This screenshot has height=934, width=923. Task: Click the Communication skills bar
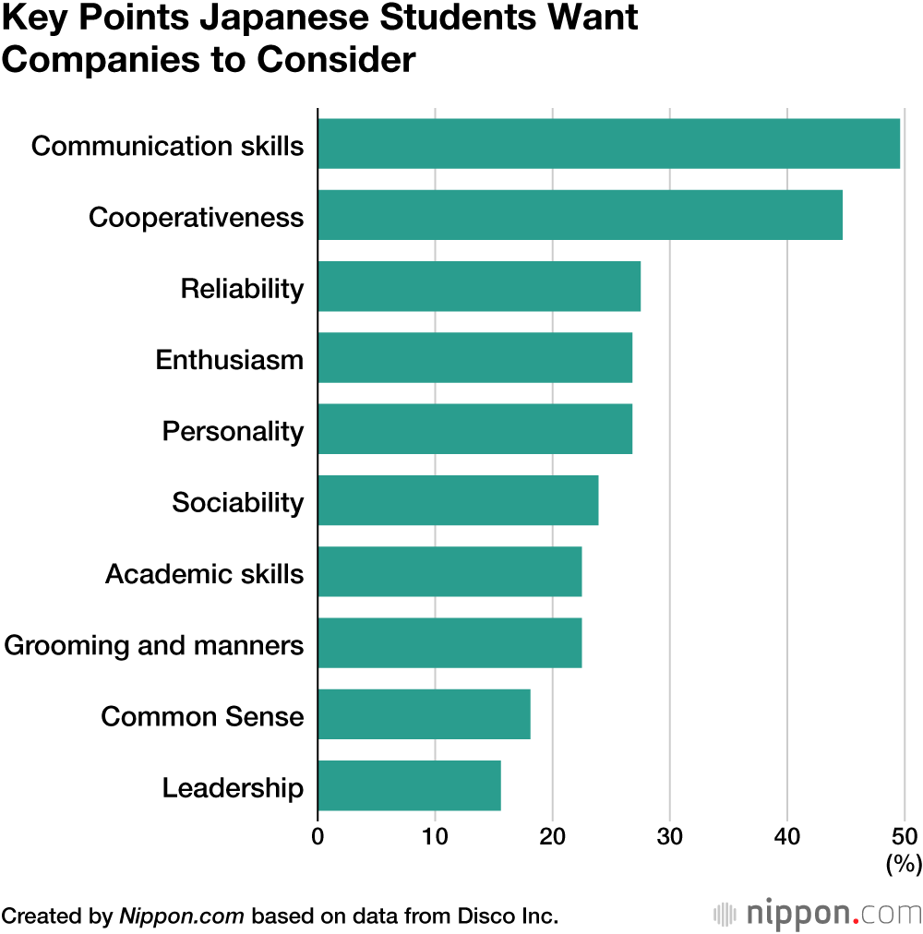[x=608, y=144]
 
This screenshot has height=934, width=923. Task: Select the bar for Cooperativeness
[x=580, y=215]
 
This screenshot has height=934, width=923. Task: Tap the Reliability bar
[x=479, y=287]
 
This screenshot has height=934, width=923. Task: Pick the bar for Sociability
[x=458, y=501]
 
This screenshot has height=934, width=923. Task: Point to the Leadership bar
[x=409, y=786]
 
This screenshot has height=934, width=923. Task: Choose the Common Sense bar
[x=424, y=715]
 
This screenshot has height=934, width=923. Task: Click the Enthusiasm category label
[x=229, y=359]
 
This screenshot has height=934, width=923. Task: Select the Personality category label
[x=233, y=431]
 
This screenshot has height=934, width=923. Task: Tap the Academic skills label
[x=204, y=574]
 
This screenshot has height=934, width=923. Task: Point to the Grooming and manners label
[x=154, y=645]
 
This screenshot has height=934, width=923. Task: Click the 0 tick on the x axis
[x=318, y=837]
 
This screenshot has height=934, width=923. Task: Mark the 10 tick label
[x=435, y=837]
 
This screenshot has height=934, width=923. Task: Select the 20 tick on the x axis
[x=552, y=837]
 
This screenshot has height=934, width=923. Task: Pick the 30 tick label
[x=669, y=837]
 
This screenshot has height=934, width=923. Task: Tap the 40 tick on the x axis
[x=786, y=837]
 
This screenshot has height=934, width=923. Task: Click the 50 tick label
[x=904, y=837]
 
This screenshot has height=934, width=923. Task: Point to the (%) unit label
[x=904, y=864]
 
